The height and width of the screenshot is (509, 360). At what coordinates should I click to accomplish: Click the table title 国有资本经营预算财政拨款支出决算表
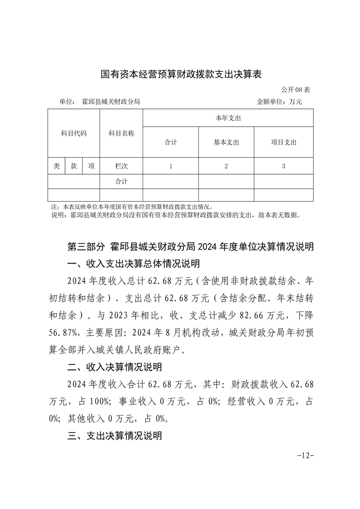(181, 74)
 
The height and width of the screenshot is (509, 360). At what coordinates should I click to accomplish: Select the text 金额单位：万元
(279, 102)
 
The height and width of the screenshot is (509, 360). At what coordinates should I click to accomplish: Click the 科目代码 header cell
(74, 133)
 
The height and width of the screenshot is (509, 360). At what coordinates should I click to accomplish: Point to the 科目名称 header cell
(121, 133)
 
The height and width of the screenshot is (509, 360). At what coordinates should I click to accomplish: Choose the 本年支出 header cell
(227, 118)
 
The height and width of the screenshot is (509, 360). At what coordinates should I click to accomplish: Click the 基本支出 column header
(226, 142)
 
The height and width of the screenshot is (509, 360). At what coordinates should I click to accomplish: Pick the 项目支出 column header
(283, 142)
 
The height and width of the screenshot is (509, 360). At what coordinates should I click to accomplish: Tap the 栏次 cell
(121, 166)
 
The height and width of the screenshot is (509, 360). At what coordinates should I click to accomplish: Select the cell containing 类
(56, 166)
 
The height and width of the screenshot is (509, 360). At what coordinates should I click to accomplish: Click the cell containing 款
(74, 166)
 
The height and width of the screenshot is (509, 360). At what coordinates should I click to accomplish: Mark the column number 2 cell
(226, 166)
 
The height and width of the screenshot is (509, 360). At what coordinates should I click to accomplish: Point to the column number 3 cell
(283, 166)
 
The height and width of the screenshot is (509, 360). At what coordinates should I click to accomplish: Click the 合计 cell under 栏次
(121, 181)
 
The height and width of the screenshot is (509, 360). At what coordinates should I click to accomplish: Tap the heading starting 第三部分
(190, 247)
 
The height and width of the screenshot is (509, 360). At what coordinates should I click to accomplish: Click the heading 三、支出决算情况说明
(114, 436)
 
